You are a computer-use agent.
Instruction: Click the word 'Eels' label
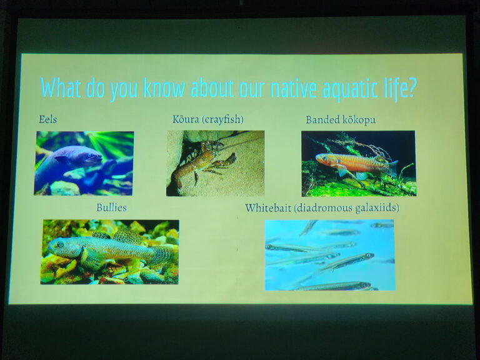pos(47,119)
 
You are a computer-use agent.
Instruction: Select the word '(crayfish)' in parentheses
pos(223,119)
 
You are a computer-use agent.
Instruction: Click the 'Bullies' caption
pos(111,207)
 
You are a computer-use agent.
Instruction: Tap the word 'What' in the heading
pos(61,87)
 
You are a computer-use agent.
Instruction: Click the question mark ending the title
pos(411,88)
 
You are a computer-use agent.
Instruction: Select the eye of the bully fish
pos(60,244)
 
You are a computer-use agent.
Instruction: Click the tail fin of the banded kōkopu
pos(392,168)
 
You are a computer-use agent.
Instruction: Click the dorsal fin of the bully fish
pos(127,235)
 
